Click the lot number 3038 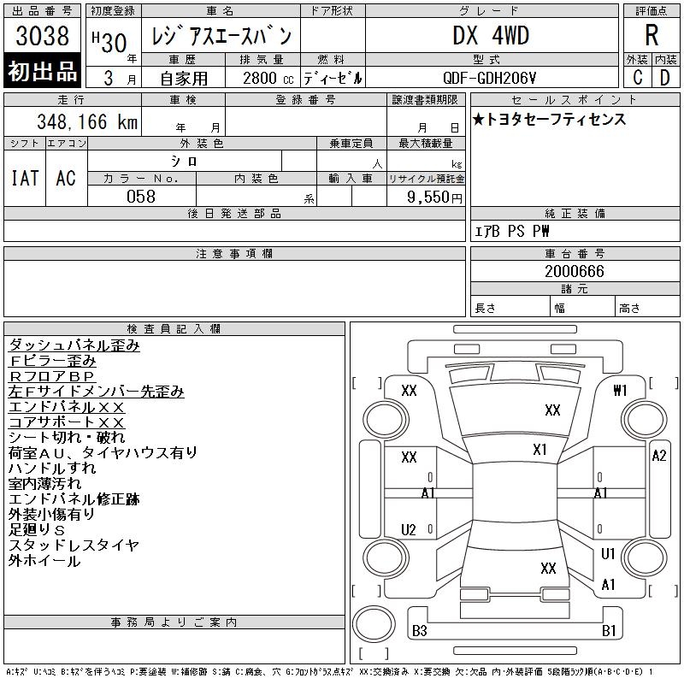click(42, 35)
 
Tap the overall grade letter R click(652, 35)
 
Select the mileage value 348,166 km click(87, 121)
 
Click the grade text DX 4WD click(491, 35)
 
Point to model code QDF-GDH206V click(489, 78)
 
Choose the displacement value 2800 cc click(268, 78)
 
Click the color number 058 click(141, 197)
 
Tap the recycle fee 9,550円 click(434, 198)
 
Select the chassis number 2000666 click(575, 271)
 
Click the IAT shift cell click(25, 178)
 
